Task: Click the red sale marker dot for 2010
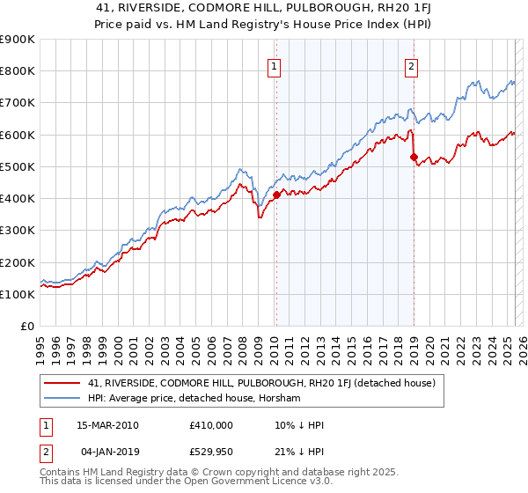pyautogui.click(x=275, y=195)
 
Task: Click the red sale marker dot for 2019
pyautogui.click(x=413, y=157)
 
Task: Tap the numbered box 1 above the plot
pyautogui.click(x=275, y=65)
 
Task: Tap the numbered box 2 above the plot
pyautogui.click(x=411, y=65)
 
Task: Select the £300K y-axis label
pyautogui.click(x=18, y=231)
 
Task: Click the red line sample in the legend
pyautogui.click(x=62, y=383)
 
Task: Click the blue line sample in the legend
pyautogui.click(x=62, y=399)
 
